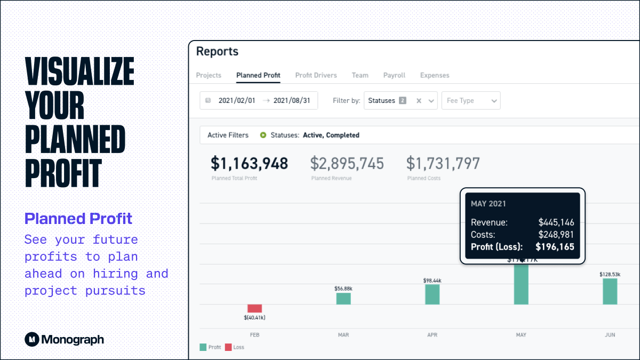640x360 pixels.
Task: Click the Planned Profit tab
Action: point(258,75)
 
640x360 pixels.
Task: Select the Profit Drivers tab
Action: point(316,75)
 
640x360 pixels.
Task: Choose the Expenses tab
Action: point(434,75)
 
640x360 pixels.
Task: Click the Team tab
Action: point(360,75)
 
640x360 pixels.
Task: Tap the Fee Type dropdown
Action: point(470,100)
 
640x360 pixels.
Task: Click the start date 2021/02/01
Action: point(237,100)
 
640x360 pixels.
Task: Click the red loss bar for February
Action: point(254,308)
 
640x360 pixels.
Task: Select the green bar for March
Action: point(343,299)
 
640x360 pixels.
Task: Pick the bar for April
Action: point(432,294)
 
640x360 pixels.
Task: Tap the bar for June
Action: point(610,291)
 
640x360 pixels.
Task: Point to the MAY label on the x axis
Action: point(521,335)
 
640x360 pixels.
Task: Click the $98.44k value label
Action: point(432,280)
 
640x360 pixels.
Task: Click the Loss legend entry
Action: point(235,347)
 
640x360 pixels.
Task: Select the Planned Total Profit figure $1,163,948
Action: point(249,163)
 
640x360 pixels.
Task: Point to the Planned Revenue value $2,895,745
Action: point(347,163)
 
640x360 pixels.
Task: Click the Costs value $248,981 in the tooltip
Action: point(556,235)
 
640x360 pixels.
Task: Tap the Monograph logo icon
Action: point(32,339)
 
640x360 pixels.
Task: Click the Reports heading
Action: point(217,52)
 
